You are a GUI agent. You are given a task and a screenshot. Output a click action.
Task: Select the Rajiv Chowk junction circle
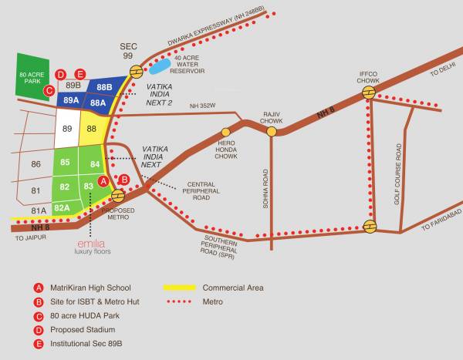272,132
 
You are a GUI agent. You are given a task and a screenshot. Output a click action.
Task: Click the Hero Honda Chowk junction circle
226,132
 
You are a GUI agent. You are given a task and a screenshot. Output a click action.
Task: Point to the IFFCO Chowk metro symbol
370,92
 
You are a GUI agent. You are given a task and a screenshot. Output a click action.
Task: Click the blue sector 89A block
71,100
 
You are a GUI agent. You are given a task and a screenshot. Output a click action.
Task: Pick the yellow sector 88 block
92,128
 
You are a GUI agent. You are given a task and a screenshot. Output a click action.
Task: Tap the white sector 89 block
66,128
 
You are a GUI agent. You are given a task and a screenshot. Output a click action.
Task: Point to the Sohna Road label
265,190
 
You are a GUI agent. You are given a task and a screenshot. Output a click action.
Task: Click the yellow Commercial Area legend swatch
178,288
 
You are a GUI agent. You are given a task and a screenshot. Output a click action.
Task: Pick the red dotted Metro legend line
178,302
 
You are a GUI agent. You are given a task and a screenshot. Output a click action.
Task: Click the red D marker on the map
60,74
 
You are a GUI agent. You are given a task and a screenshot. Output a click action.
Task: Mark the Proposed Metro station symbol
118,195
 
